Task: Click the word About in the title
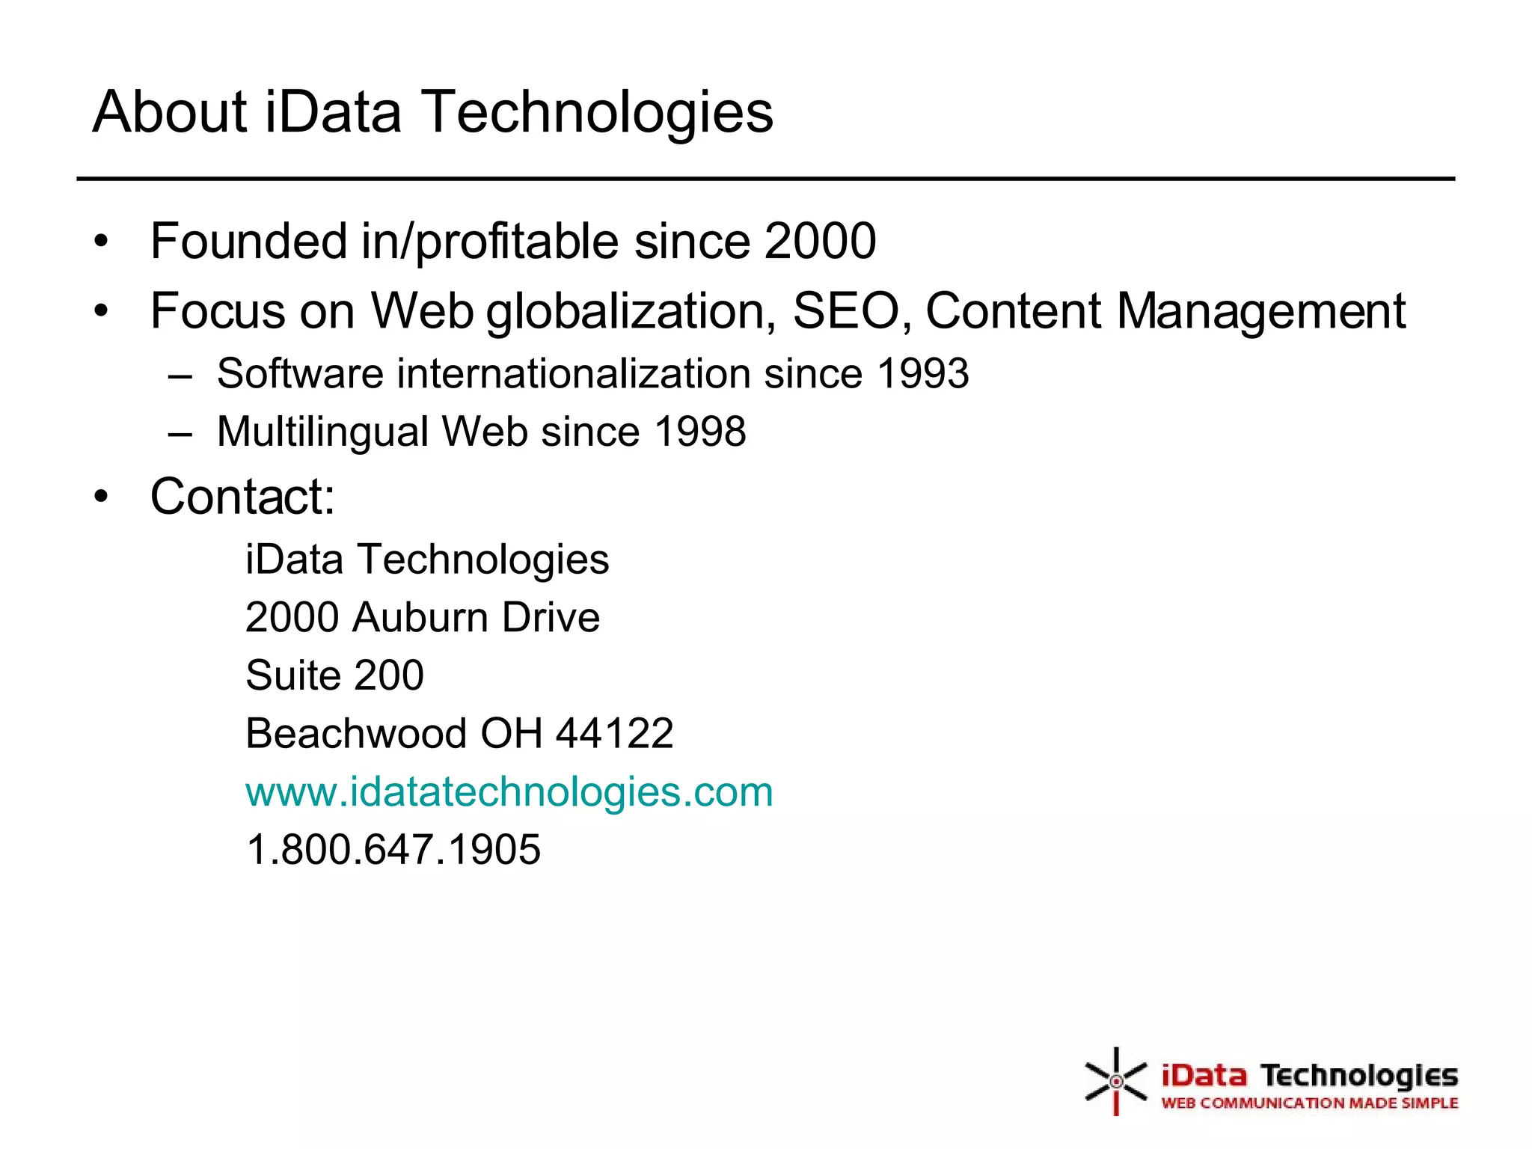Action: pos(170,112)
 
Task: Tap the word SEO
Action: pos(846,310)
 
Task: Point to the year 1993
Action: pos(923,373)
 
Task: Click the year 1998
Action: pos(700,432)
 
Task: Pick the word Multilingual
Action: pos(322,433)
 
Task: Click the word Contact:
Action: pos(242,496)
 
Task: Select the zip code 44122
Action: pos(614,733)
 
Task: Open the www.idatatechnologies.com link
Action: pos(509,791)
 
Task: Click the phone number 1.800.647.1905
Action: pos(393,850)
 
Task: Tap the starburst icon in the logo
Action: pos(1115,1081)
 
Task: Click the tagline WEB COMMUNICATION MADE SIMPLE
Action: pos(1309,1103)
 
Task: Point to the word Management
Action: pos(1261,310)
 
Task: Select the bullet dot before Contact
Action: pos(102,496)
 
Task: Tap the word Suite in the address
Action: pos(292,675)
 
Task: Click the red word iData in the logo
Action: pos(1204,1076)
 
